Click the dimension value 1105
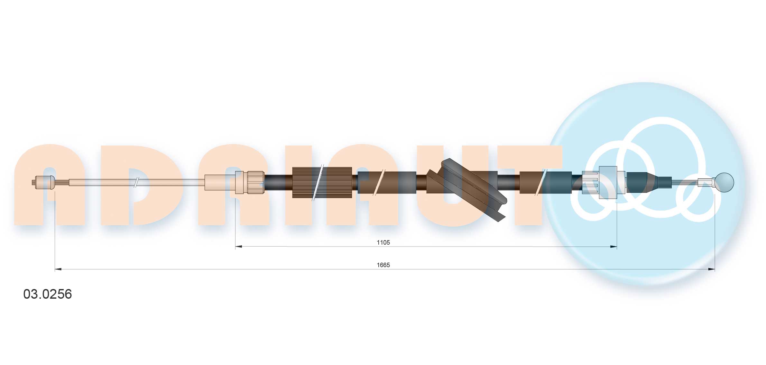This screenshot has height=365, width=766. coord(383,242)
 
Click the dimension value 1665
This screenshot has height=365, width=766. coord(383,265)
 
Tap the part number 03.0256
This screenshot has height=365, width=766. coord(48,294)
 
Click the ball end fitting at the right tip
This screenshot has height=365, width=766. coord(725,182)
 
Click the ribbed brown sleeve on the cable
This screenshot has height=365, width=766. coord(322,182)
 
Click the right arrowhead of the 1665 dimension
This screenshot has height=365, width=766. coord(712,269)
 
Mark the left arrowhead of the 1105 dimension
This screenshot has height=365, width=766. coord(238,247)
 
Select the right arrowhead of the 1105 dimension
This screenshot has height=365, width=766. coord(614,247)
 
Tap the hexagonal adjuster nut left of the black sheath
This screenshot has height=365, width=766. coord(256,182)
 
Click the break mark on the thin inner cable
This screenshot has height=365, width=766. coord(136,182)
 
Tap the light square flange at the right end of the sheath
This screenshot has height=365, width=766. coord(608,182)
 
